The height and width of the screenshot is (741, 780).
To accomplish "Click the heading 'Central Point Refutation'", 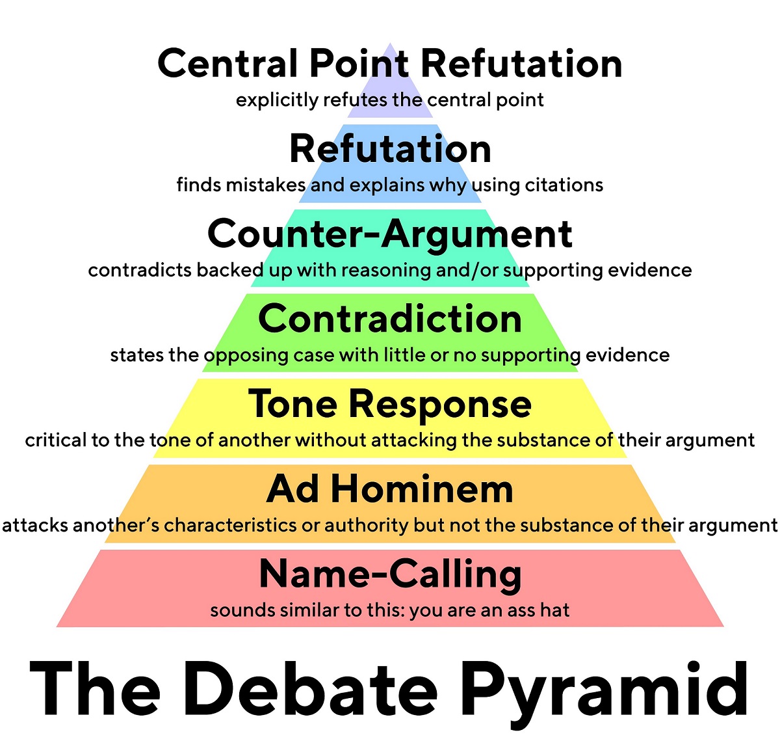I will (390, 64).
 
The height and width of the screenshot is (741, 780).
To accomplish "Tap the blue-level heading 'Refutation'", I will (390, 149).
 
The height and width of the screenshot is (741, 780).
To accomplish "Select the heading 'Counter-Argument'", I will (390, 234).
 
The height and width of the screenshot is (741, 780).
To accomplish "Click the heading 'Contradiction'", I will (390, 319).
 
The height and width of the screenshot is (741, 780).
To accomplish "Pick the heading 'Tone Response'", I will (390, 404).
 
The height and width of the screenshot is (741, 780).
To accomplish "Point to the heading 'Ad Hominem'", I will (390, 489).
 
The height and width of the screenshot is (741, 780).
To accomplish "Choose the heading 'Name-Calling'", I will (390, 574).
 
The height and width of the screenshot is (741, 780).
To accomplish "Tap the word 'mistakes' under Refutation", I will (266, 185).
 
